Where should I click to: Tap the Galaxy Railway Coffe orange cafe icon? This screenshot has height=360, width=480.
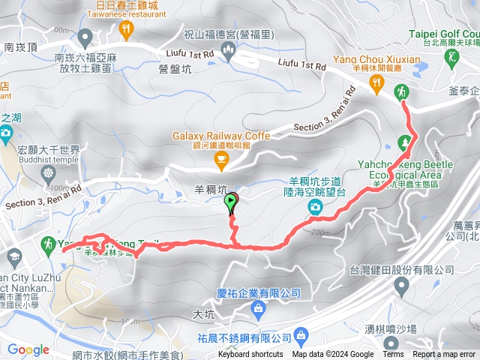220,158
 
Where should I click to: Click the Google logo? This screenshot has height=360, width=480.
28,349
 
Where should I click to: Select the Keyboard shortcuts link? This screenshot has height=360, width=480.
250,355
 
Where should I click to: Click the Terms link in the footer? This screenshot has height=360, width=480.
393,355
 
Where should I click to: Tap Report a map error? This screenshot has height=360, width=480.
444,355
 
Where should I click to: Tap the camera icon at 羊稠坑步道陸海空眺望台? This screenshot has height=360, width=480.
316,205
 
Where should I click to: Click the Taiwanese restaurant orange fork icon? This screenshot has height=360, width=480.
125,29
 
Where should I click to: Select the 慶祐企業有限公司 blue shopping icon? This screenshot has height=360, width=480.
258,307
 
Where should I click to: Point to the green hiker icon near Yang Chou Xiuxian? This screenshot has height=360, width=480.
402,92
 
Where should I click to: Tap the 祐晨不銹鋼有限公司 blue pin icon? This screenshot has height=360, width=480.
301,334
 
